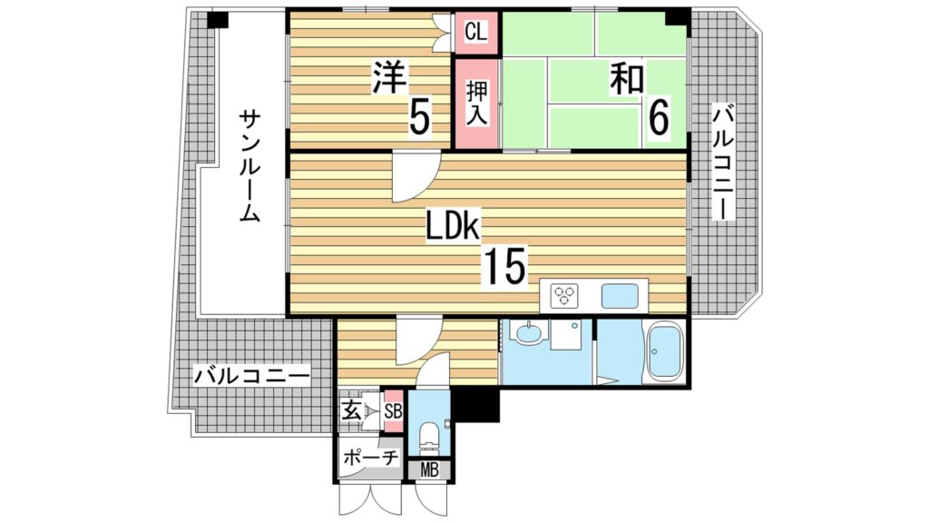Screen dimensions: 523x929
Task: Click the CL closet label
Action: [x=475, y=32]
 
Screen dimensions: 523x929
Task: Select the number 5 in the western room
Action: [x=418, y=115]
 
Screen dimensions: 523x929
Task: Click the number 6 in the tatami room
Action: [x=658, y=115]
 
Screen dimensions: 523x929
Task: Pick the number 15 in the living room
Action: [x=504, y=266]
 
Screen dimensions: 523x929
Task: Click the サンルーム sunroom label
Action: [x=250, y=167]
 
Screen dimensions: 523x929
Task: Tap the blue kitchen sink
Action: [x=620, y=296]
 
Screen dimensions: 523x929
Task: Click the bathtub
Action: [x=664, y=353]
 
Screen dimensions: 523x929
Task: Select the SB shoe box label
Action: [x=394, y=410]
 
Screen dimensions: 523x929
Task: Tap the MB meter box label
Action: [x=430, y=470]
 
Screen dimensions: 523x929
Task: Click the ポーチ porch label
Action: [x=370, y=458]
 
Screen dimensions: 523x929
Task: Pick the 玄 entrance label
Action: [x=351, y=410]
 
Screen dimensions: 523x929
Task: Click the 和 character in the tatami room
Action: [x=626, y=79]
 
